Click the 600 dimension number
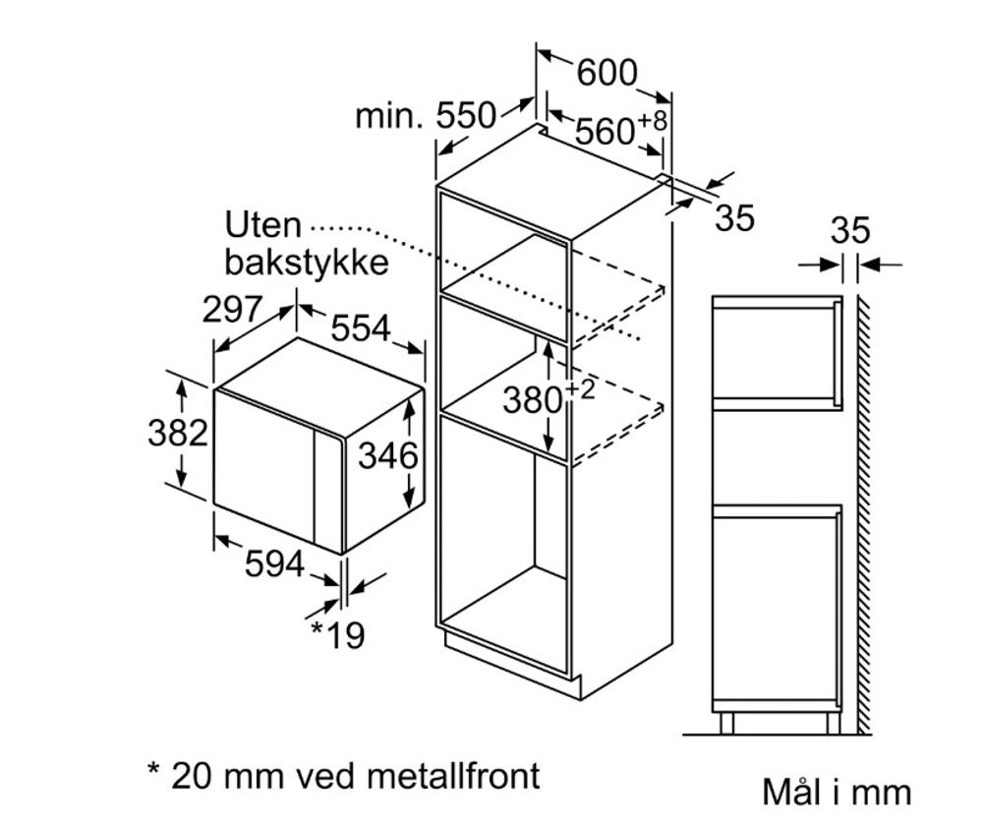point(607,72)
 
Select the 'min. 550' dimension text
point(425,116)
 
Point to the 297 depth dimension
point(233,309)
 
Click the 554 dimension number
point(359,328)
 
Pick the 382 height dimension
point(178,432)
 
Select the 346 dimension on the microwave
point(388,455)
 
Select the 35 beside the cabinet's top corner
point(734,218)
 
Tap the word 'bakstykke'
point(306,263)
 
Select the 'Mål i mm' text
point(836,792)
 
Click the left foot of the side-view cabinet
point(726,723)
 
